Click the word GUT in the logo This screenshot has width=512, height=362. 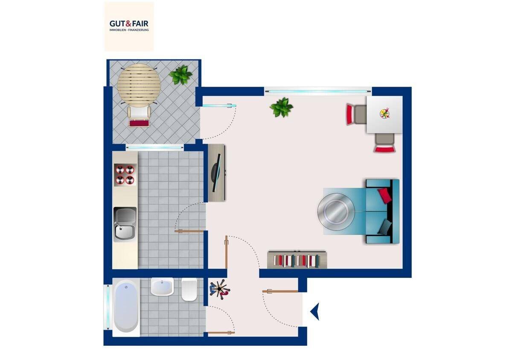pyautogui.click(x=117, y=23)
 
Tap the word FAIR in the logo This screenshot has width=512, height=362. pyautogui.click(x=140, y=23)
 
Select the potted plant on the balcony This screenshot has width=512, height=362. pyautogui.click(x=180, y=75)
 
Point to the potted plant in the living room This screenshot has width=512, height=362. pyautogui.click(x=281, y=107)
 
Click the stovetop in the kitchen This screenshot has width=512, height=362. pyautogui.click(x=125, y=175)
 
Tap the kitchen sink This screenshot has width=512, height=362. pyautogui.click(x=125, y=225)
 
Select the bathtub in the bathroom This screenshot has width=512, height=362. pyautogui.click(x=126, y=307)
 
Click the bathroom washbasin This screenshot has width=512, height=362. pyautogui.click(x=162, y=286)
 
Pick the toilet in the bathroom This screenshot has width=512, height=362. pyautogui.click(x=189, y=289)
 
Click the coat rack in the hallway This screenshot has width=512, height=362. pyautogui.click(x=220, y=289)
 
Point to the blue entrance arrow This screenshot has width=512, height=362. pyautogui.click(x=315, y=311)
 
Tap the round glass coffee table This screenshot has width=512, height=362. pyautogui.click(x=336, y=212)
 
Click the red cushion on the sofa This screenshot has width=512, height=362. pyautogui.click(x=385, y=196)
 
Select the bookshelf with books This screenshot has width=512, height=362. pyautogui.click(x=297, y=260)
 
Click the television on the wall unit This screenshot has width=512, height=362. pyautogui.click(x=216, y=173)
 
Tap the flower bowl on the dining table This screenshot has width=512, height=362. pyautogui.click(x=385, y=114)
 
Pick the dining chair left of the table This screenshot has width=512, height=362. pyautogui.click(x=356, y=114)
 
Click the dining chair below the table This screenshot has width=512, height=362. pyautogui.click(x=384, y=143)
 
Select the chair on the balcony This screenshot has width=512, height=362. pyautogui.click(x=139, y=117)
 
